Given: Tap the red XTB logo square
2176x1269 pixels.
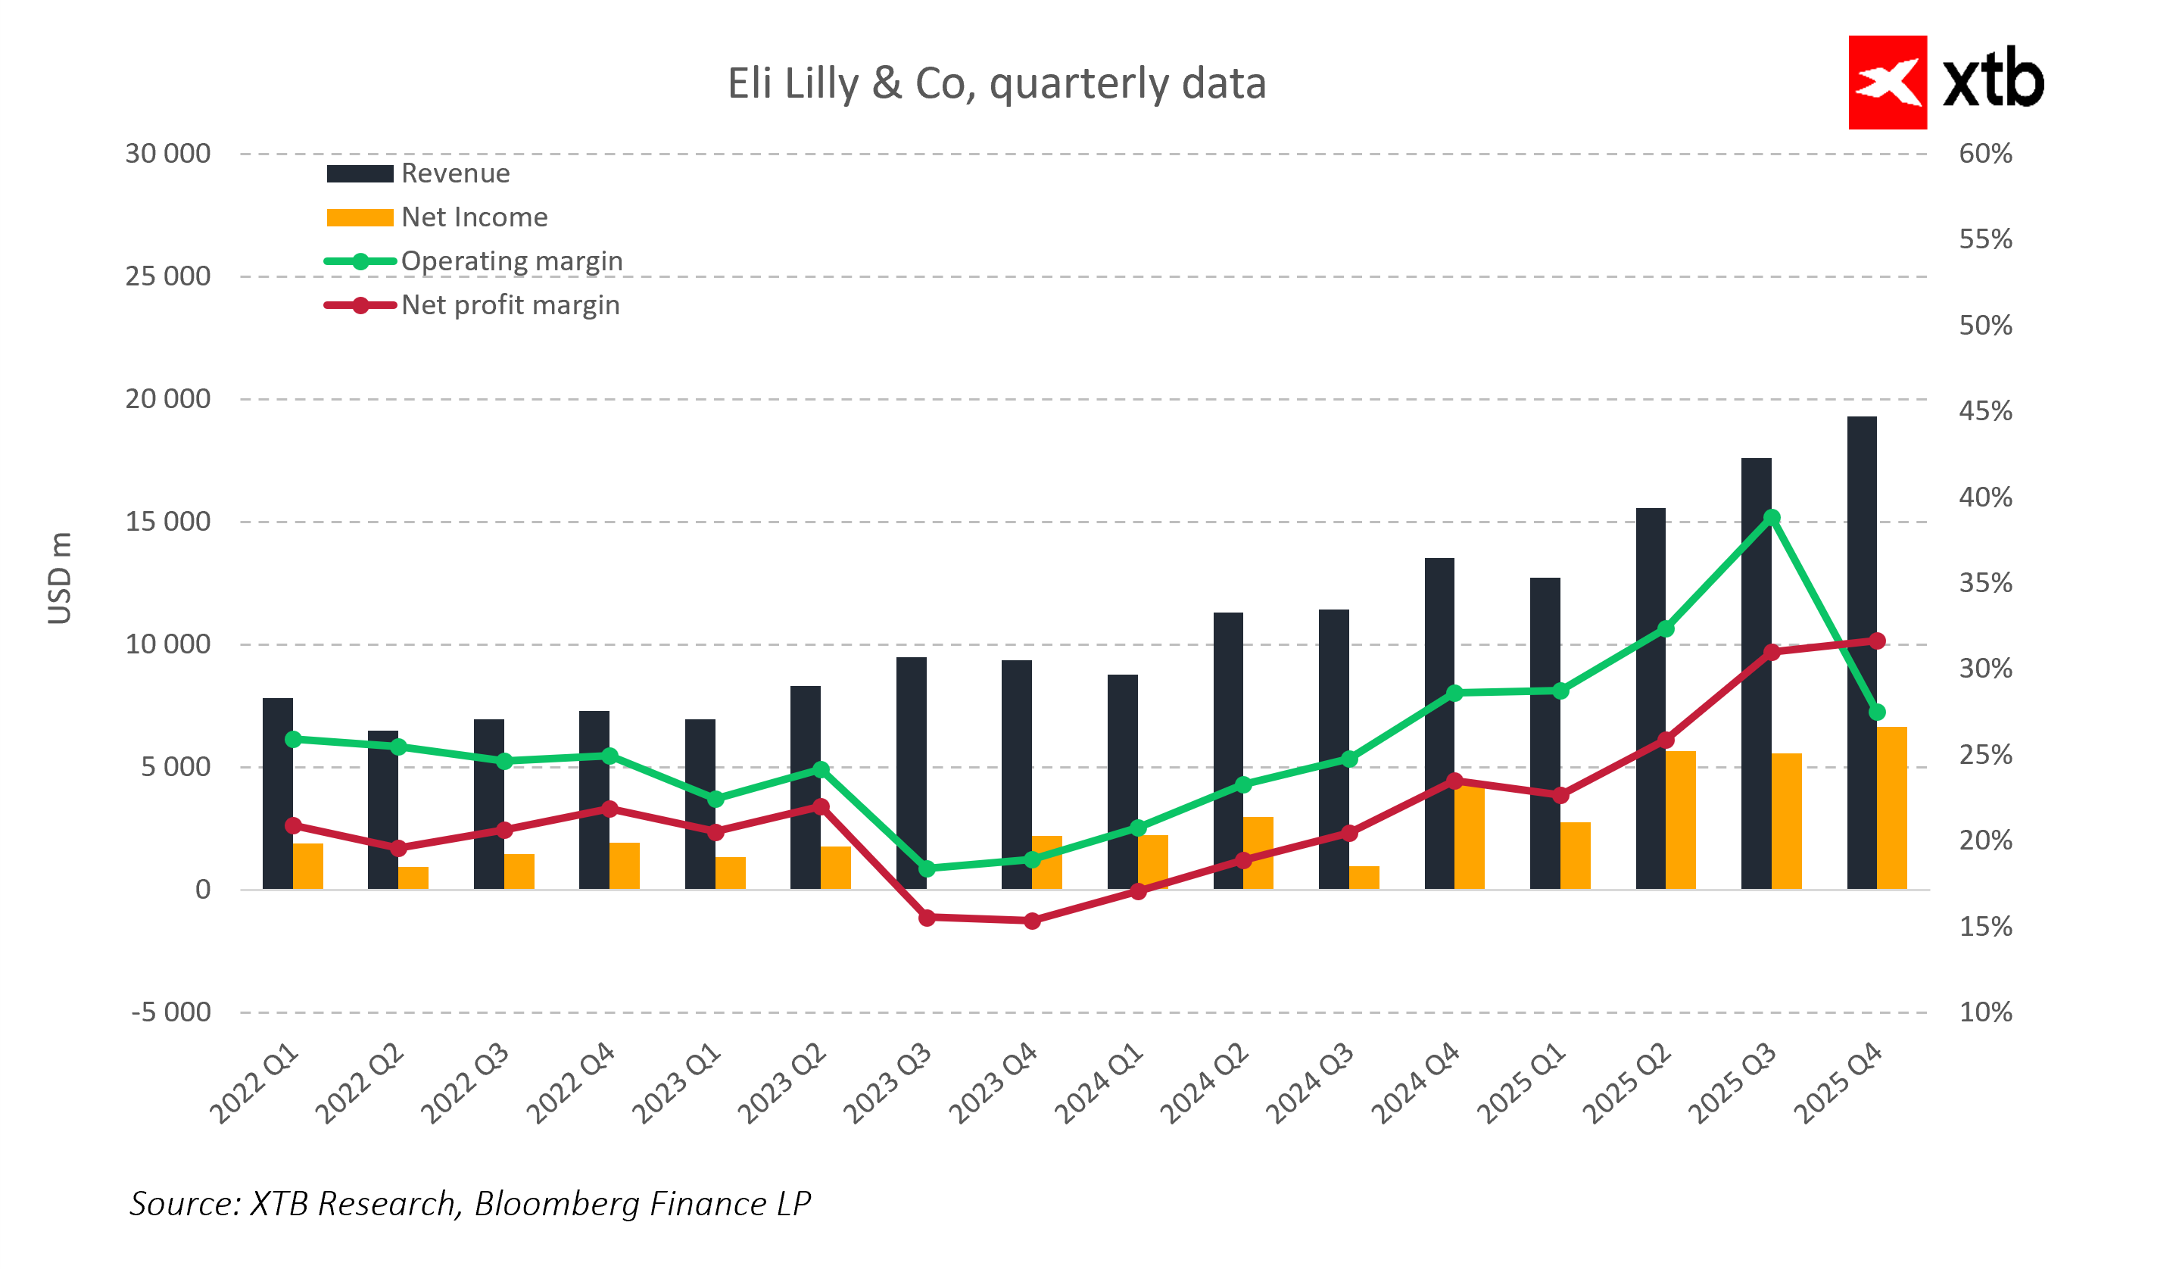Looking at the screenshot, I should point(1887,82).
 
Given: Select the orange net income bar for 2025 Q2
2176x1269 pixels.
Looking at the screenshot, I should point(1680,820).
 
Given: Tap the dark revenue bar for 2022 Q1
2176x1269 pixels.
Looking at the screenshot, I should point(277,794).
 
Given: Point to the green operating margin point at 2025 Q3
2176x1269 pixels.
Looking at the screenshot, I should point(1772,518).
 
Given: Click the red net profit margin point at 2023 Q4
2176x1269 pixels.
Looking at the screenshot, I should point(1032,921).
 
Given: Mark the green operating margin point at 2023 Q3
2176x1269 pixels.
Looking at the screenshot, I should point(927,868).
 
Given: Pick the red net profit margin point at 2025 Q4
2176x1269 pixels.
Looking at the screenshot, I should point(1876,641).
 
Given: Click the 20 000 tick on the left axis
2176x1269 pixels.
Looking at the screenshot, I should point(167,399).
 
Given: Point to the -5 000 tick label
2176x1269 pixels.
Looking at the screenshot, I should point(170,1012).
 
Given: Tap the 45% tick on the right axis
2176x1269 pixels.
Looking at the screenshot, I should point(1985,411).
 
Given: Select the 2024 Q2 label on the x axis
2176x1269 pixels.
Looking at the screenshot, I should point(1205,1083).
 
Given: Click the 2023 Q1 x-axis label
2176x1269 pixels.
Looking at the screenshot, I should point(676,1083).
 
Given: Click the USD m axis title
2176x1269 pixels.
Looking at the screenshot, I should point(59,578).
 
